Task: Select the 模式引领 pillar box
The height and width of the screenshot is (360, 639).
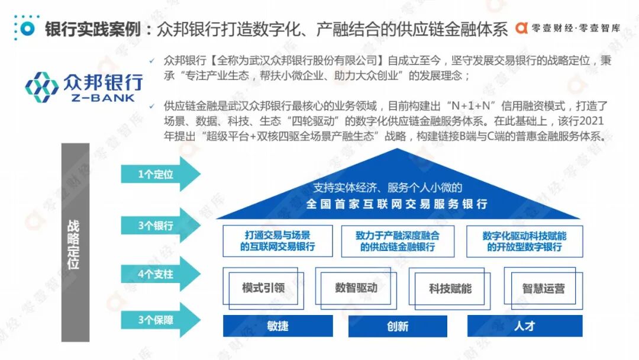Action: pyautogui.click(x=264, y=289)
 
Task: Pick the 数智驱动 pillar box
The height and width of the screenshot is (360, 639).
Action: pyautogui.click(x=356, y=288)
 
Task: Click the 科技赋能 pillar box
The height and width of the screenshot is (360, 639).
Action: pyautogui.click(x=450, y=289)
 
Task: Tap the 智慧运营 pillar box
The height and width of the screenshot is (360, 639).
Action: pyautogui.click(x=543, y=289)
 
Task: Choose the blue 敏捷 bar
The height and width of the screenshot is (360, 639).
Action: pyautogui.click(x=277, y=326)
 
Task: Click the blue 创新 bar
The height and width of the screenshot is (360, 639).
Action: pyautogui.click(x=398, y=326)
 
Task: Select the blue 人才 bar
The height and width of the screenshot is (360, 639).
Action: pyautogui.click(x=524, y=326)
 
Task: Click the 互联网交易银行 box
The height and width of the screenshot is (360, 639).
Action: pyautogui.click(x=277, y=241)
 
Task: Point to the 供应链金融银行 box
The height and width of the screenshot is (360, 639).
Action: pyautogui.click(x=398, y=241)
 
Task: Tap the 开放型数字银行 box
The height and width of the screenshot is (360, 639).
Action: pyautogui.click(x=524, y=241)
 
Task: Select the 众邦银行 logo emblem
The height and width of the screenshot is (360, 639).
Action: pyautogui.click(x=42, y=87)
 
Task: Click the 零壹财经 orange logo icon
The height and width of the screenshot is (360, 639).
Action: pyautogui.click(x=521, y=28)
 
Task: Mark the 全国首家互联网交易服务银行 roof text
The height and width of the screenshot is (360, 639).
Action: pyautogui.click(x=397, y=204)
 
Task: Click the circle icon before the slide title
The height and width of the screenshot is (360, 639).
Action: pyautogui.click(x=26, y=28)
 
